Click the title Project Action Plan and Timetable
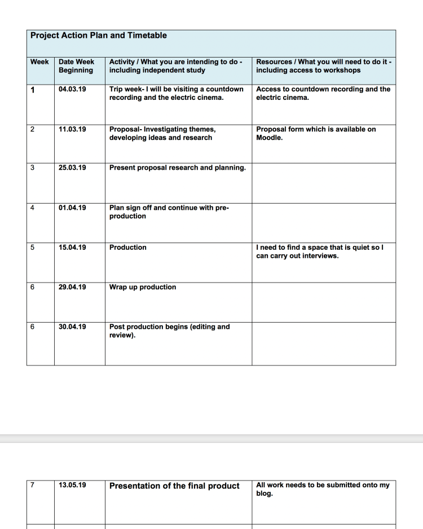pos(99,36)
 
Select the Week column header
pos(39,61)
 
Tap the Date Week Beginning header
pos(77,66)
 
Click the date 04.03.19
pos(72,89)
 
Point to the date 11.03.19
pos(72,129)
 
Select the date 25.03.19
pos(72,167)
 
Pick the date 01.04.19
pos(72,208)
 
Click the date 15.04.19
pos(72,247)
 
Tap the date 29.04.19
pos(72,287)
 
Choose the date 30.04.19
pos(72,327)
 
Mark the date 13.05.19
pos(72,485)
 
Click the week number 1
pos(32,90)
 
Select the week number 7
pos(32,485)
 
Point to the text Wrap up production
pos(143,287)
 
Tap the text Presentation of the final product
pos(174,486)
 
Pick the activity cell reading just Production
pos(127,247)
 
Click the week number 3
pos(32,167)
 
